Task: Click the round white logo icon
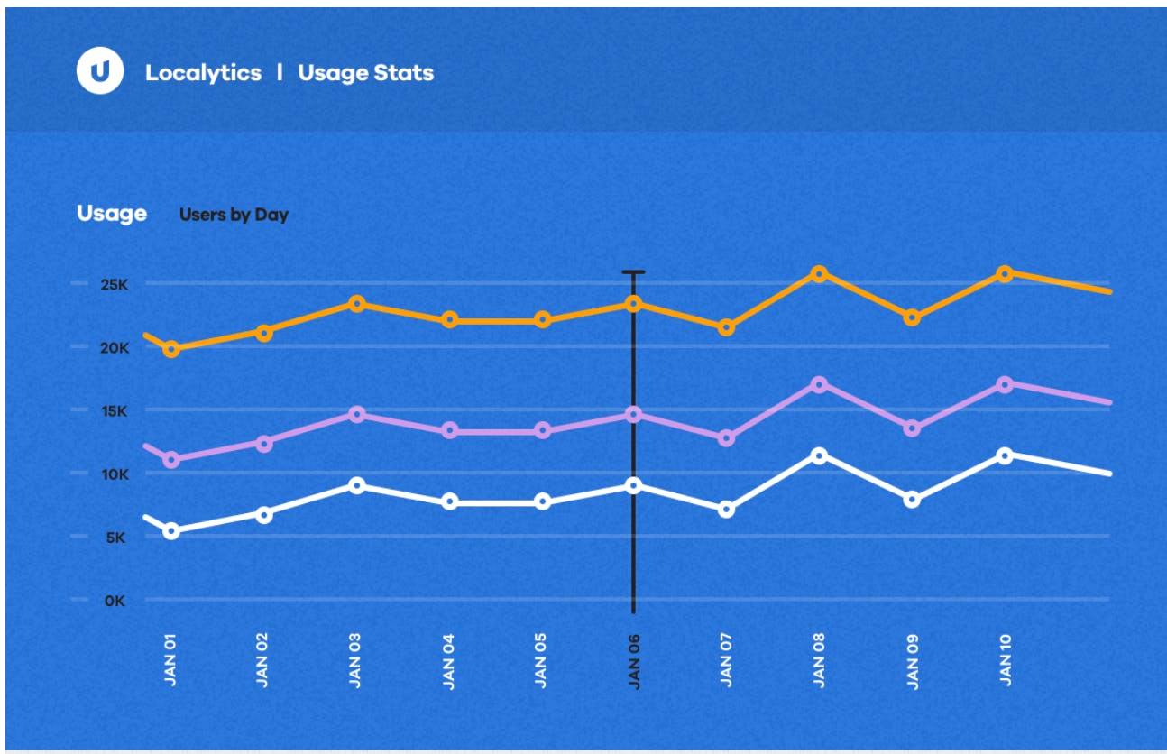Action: pos(100,70)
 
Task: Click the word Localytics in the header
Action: pos(203,73)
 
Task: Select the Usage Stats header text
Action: pos(366,73)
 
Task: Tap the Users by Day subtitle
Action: pos(234,215)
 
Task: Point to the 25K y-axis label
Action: pos(115,284)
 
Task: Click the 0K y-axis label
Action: pos(115,601)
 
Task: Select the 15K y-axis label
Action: pos(115,411)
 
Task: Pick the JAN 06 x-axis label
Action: pos(634,661)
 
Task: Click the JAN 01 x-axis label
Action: pos(170,660)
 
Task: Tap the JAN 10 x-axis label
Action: pos(1006,660)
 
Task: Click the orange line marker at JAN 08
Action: pos(819,273)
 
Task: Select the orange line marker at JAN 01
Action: pos(171,349)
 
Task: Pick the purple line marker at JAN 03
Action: pos(357,415)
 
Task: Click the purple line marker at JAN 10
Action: pos(1005,384)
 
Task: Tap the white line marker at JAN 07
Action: pos(726,509)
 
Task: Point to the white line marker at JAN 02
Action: pos(264,515)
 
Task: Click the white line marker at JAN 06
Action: pos(633,485)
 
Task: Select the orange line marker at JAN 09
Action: pos(912,317)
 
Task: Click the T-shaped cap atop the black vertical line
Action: pos(633,272)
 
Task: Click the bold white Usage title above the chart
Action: pos(112,214)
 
